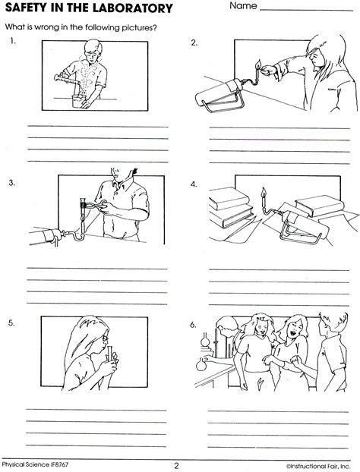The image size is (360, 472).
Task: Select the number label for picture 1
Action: click(x=13, y=42)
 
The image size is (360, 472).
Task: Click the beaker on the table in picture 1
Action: click(x=78, y=101)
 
